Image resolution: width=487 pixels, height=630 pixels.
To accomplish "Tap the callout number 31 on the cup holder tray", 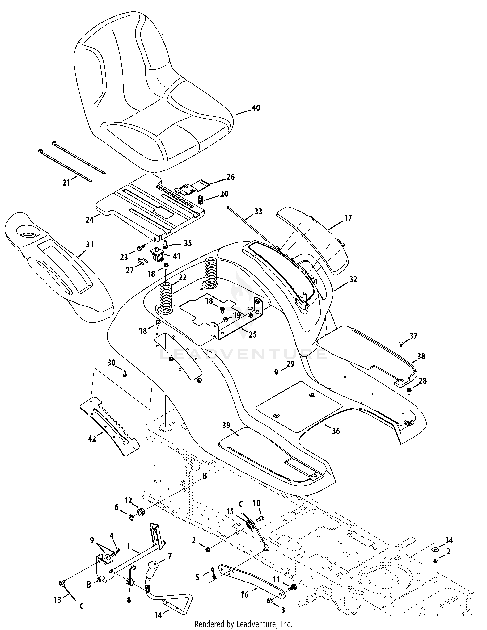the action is coord(90,245).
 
